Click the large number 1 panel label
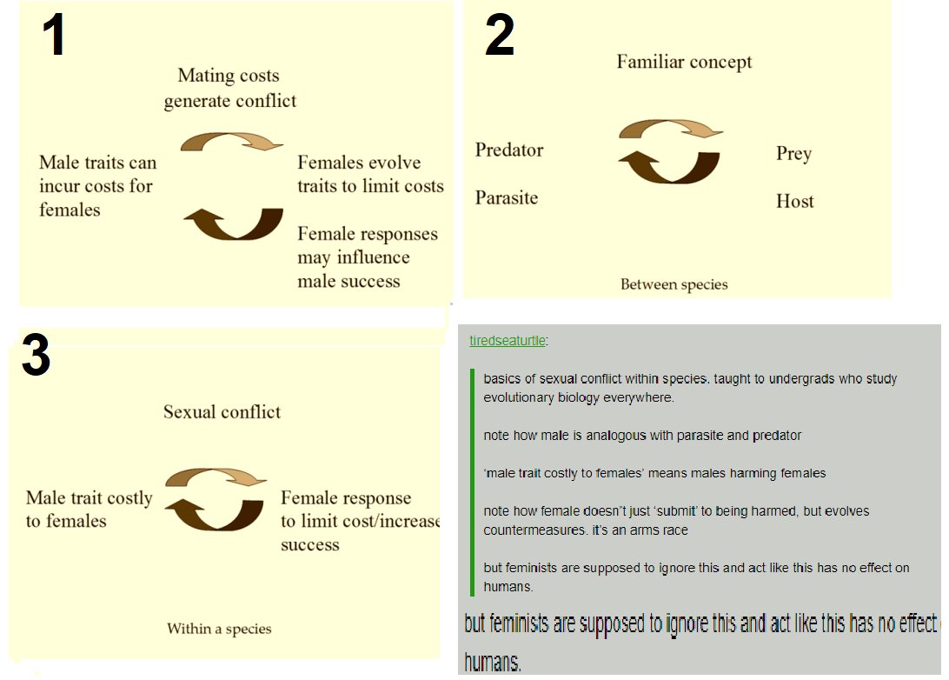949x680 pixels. click(x=54, y=35)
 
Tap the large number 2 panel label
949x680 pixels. click(x=500, y=35)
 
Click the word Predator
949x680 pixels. click(x=509, y=150)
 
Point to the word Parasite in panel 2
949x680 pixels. click(x=507, y=197)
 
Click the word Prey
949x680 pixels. click(x=794, y=154)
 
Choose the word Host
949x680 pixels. click(x=794, y=201)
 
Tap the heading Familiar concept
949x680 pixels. click(x=684, y=62)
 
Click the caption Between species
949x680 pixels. click(x=674, y=284)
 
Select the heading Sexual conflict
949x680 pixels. click(x=222, y=412)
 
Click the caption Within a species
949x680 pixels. click(x=219, y=629)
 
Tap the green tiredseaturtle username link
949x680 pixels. click(x=508, y=340)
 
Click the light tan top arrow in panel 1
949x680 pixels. click(x=232, y=140)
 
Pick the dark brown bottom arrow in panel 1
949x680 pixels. click(x=234, y=229)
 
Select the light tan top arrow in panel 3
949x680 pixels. click(x=216, y=476)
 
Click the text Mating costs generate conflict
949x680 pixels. click(x=230, y=88)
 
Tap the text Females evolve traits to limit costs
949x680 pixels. click(x=370, y=174)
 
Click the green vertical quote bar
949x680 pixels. click(x=472, y=483)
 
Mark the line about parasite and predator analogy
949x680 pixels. click(x=642, y=436)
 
